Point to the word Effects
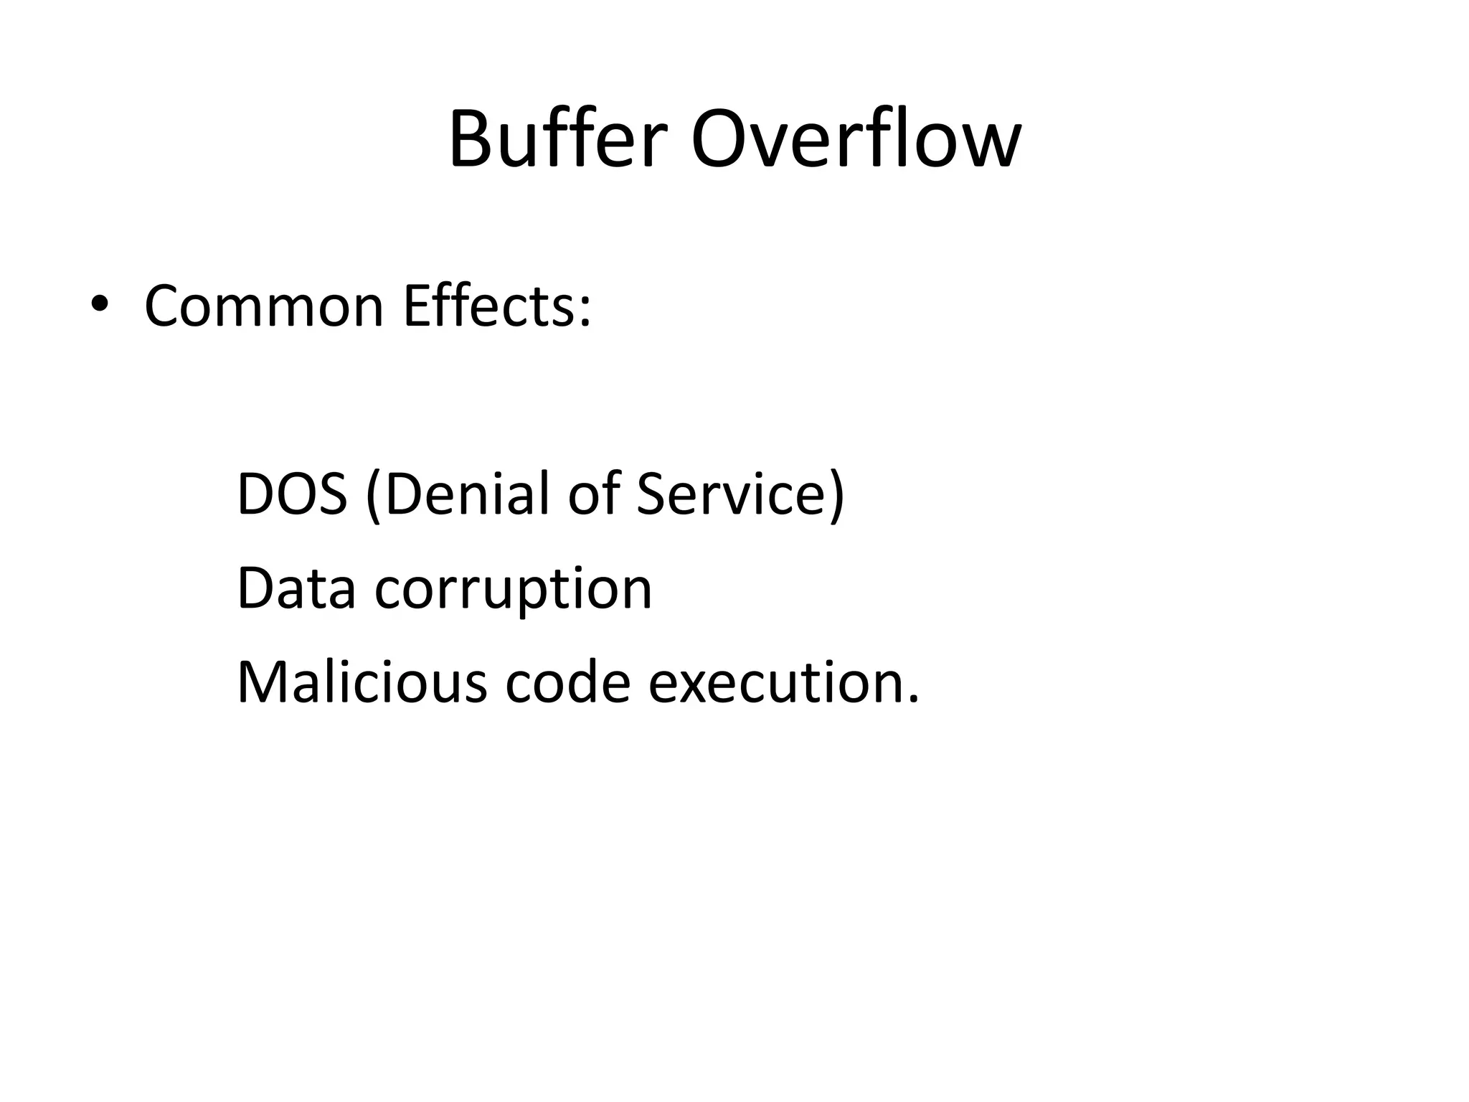(488, 306)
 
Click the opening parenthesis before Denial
(372, 495)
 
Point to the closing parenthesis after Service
(836, 495)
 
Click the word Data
(296, 588)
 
